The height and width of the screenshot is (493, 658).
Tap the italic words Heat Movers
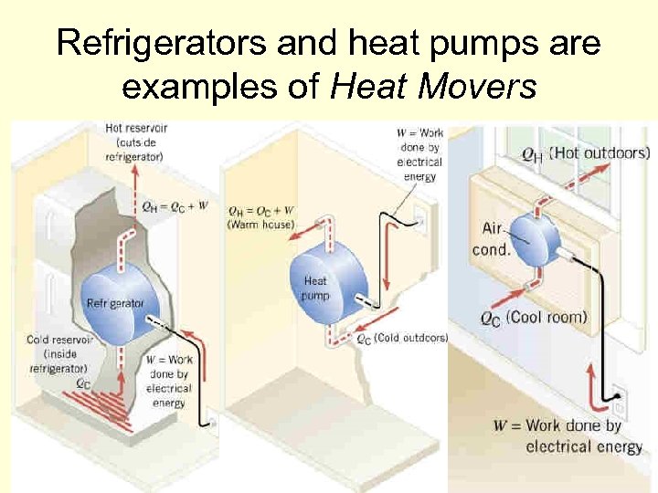click(x=435, y=89)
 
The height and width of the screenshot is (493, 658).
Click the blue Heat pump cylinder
click(x=324, y=278)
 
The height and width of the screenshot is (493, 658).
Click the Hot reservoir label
click(x=134, y=142)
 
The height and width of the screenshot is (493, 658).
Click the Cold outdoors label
click(x=411, y=338)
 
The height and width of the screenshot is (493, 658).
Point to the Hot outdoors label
click(x=600, y=152)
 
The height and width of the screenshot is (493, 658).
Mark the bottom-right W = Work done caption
click(x=568, y=435)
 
